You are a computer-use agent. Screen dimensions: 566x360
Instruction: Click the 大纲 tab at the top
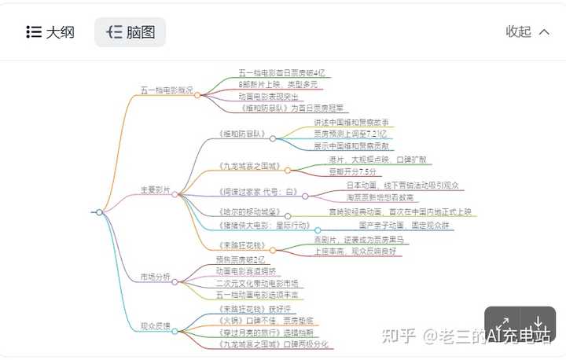coord(50,32)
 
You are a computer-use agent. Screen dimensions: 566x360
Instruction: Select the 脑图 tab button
coord(130,32)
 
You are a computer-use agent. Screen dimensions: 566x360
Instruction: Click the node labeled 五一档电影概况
coord(167,90)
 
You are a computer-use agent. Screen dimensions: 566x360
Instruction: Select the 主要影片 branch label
coord(155,189)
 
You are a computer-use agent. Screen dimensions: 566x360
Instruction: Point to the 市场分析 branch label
coord(155,277)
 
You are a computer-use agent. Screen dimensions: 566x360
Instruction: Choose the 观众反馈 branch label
coord(155,325)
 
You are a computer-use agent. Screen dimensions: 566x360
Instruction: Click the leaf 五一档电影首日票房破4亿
coord(281,72)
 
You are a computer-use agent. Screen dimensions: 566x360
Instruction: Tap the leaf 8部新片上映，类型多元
coord(277,84)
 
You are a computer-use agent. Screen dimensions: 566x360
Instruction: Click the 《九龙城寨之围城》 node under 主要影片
coord(248,166)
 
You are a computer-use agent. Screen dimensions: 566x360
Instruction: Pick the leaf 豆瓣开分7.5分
coord(351,171)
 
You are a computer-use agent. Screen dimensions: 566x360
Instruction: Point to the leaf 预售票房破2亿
coord(241,259)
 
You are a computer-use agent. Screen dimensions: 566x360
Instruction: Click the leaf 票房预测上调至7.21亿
coord(350,134)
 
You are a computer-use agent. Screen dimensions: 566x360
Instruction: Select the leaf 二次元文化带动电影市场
coord(256,283)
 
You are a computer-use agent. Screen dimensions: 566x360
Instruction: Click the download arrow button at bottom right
coord(538,325)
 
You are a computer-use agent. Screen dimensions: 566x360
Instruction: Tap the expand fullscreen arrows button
coord(503,325)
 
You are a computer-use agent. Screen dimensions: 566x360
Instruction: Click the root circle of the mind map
coord(99,212)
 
